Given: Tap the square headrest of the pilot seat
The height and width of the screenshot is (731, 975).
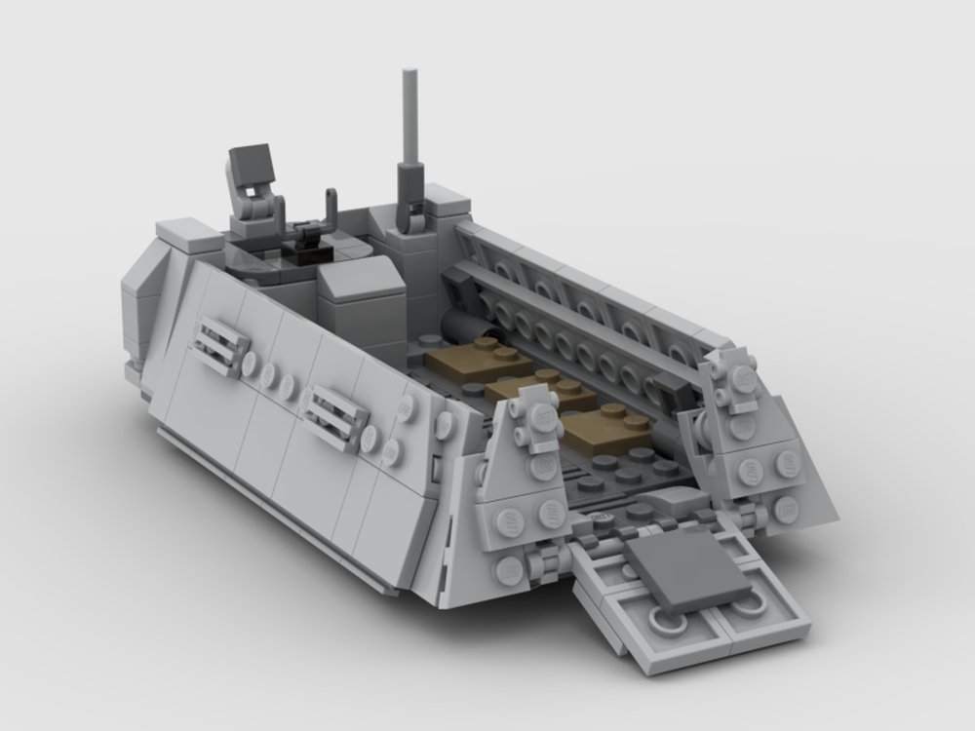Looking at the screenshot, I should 253,161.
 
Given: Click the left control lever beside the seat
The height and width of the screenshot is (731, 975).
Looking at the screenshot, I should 279,211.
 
